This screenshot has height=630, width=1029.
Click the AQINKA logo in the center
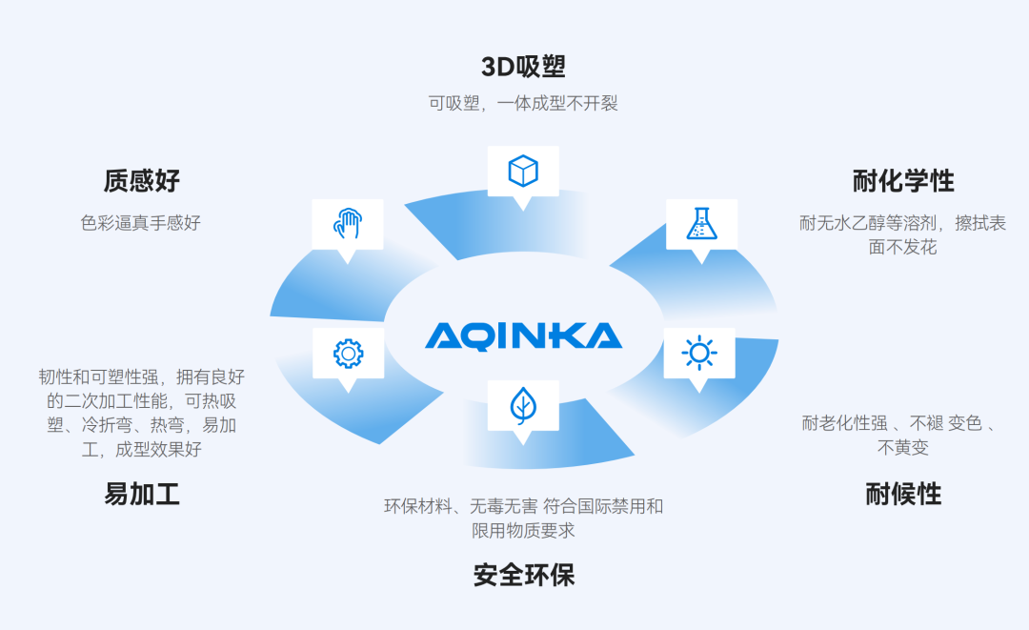(523, 335)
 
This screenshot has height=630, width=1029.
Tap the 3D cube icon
(523, 172)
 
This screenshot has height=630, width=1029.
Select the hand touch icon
(348, 224)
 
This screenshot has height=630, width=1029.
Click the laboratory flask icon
(701, 223)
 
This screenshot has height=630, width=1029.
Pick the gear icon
(348, 354)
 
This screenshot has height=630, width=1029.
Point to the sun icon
(699, 354)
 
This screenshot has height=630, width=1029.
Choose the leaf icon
(522, 406)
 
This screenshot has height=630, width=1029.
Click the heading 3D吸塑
(523, 67)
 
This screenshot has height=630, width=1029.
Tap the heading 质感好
(141, 180)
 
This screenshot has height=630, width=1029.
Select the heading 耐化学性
(902, 180)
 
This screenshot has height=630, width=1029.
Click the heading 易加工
(141, 494)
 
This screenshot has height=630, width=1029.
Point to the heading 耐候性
(902, 494)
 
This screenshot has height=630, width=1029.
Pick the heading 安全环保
(523, 576)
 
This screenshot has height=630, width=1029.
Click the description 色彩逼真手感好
(141, 223)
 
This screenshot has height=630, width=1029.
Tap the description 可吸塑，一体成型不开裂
(523, 103)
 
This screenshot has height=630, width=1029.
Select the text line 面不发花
(902, 248)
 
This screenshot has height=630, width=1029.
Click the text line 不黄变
(902, 448)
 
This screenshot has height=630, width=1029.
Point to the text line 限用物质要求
(523, 531)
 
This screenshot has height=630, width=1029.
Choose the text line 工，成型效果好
(141, 450)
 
